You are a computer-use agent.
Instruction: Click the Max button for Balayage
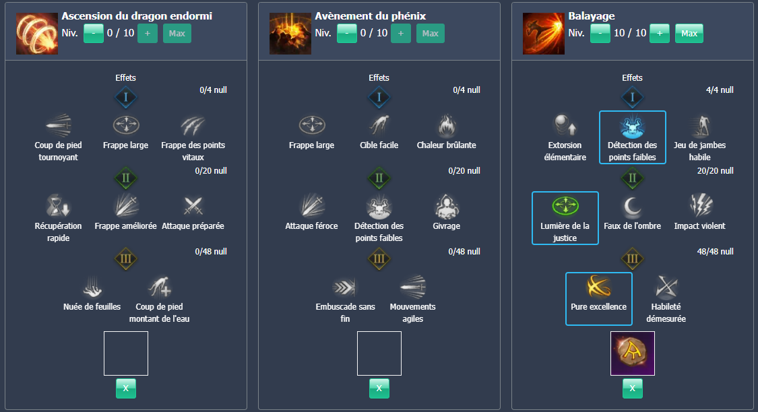click(689, 33)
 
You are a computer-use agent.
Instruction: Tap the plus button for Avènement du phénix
click(400, 33)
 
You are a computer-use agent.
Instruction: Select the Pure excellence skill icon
click(598, 287)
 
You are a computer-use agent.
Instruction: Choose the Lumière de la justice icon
click(565, 206)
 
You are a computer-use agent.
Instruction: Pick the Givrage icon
click(446, 206)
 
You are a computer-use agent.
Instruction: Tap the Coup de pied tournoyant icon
click(58, 126)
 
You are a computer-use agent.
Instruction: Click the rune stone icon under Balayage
click(632, 353)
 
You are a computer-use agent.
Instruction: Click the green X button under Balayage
click(632, 388)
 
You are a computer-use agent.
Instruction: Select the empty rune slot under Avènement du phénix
click(379, 353)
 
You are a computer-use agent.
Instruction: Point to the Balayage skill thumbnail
click(543, 33)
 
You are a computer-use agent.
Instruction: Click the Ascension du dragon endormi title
click(137, 15)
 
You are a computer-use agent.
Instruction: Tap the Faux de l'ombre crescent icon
click(632, 206)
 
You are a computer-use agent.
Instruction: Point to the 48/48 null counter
click(716, 252)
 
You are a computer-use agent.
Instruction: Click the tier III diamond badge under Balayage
click(632, 259)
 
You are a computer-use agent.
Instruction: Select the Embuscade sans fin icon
click(345, 287)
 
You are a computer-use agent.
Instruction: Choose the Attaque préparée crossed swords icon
click(193, 206)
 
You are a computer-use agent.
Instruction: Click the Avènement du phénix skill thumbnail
click(290, 33)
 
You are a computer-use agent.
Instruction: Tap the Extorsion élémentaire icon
click(565, 126)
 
